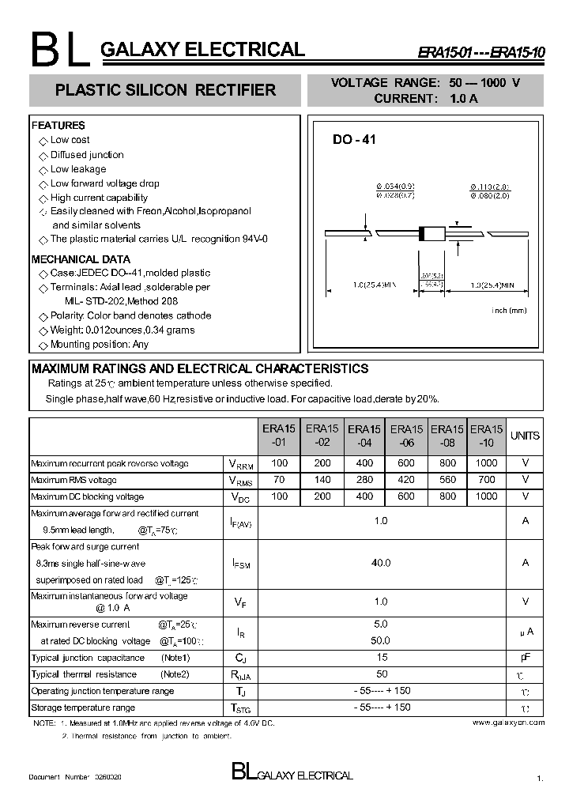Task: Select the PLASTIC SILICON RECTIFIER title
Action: pyautogui.click(x=165, y=90)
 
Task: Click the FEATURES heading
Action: pyautogui.click(x=58, y=126)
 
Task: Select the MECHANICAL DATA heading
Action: pyautogui.click(x=81, y=259)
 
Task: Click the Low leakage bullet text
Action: pyautogui.click(x=78, y=169)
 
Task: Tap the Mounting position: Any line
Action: pyautogui.click(x=99, y=345)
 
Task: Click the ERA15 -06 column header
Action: pyautogui.click(x=406, y=436)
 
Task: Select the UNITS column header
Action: pyautogui.click(x=525, y=436)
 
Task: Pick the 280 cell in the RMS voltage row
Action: pyautogui.click(x=364, y=480)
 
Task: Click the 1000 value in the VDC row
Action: pyautogui.click(x=487, y=496)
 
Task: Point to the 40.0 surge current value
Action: pyautogui.click(x=381, y=563)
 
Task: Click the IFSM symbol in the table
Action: pyautogui.click(x=241, y=564)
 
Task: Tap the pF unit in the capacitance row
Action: pyautogui.click(x=525, y=657)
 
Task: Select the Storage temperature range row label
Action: pyautogui.click(x=83, y=708)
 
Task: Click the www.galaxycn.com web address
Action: pyautogui.click(x=508, y=723)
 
